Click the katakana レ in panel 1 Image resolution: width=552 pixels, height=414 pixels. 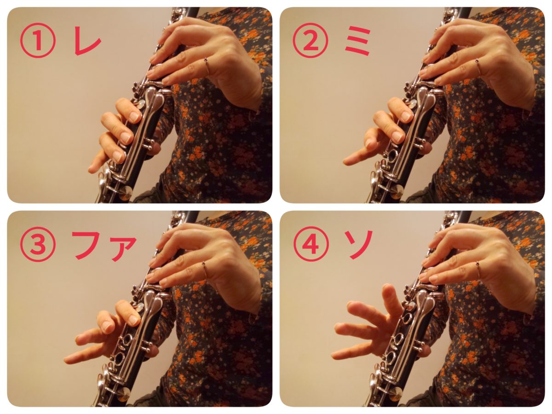point(87,42)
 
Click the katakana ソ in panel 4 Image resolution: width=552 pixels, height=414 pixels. point(359,246)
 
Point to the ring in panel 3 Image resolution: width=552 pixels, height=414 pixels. point(204,269)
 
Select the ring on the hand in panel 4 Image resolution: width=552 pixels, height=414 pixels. point(478,269)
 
